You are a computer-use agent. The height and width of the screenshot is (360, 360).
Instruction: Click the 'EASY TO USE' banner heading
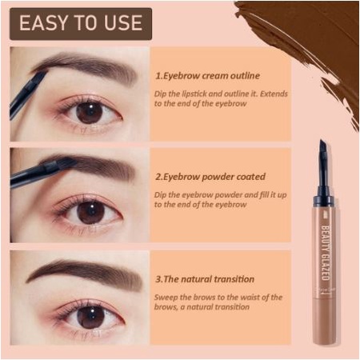click(80, 22)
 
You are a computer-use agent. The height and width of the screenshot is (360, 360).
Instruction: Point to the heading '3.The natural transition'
click(205, 279)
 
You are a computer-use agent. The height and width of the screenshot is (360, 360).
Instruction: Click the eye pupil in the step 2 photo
click(90, 212)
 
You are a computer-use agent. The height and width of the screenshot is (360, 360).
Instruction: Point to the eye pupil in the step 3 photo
click(89, 314)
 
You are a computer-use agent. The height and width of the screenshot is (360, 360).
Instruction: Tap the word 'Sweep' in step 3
click(167, 297)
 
